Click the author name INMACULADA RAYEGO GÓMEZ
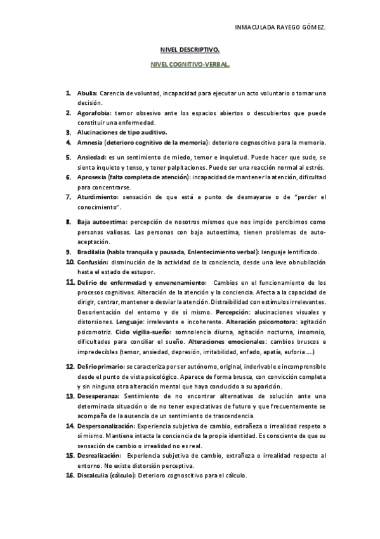pos(280,28)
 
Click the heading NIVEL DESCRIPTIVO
pos(190,49)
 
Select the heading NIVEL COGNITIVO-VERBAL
pos(190,65)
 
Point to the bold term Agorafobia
pos(93,113)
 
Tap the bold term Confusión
pos(92,262)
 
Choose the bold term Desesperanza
pos(97,396)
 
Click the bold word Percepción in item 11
pos(235,313)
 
